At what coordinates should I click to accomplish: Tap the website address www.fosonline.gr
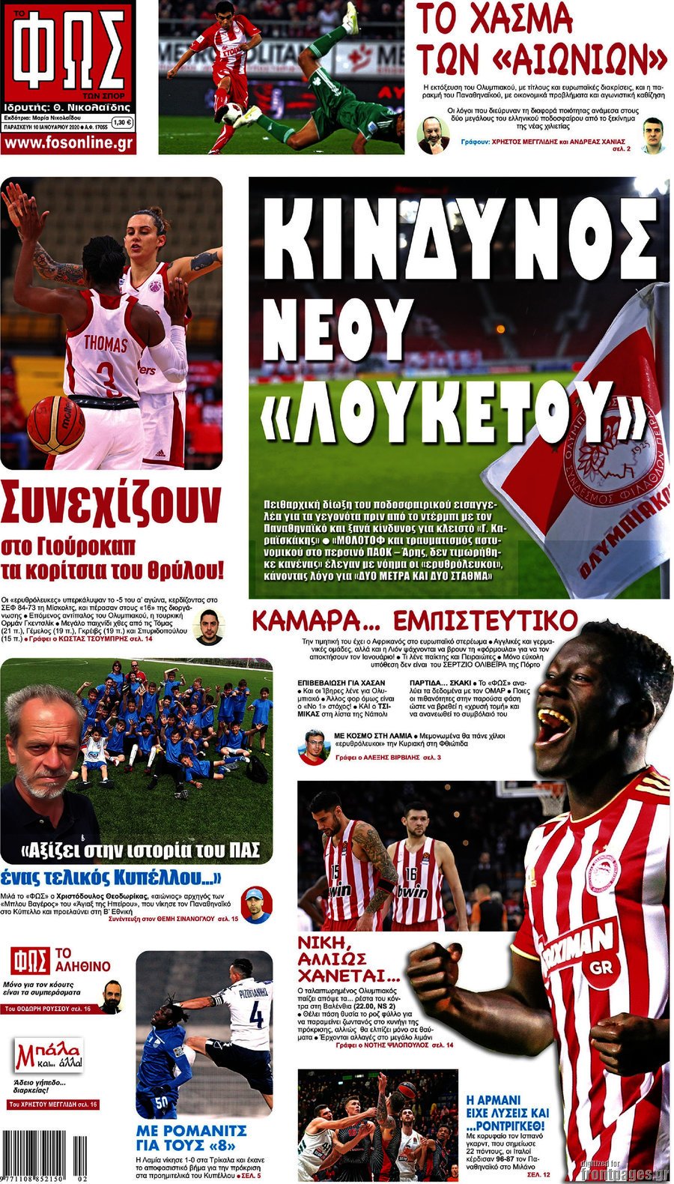click(68, 143)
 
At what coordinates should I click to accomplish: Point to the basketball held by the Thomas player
click(55, 425)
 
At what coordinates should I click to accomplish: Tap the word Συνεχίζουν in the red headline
click(112, 504)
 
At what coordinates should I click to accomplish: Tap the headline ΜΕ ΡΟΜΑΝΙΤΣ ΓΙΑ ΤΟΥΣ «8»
click(192, 1138)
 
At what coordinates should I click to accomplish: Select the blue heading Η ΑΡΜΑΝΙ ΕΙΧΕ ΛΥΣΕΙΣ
click(507, 1112)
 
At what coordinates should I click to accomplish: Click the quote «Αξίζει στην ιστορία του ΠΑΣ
click(141, 851)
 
